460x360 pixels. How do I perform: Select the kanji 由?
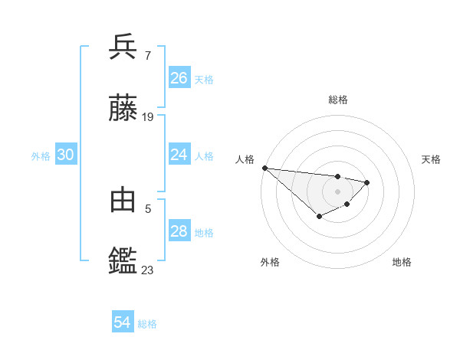[123, 199]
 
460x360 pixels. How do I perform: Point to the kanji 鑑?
[123, 261]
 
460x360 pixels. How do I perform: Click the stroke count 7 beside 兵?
[147, 55]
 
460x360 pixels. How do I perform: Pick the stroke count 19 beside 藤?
[148, 117]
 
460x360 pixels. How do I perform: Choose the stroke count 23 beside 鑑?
[148, 270]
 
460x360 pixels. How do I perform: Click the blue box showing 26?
[179, 78]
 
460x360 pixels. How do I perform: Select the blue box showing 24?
[179, 155]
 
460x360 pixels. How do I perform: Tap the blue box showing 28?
[179, 231]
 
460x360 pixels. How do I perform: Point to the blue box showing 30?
[66, 155]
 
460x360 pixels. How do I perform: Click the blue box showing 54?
[123, 322]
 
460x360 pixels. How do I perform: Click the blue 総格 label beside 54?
[147, 324]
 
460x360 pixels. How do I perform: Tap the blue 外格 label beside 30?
[41, 156]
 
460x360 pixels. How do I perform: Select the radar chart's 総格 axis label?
[337, 100]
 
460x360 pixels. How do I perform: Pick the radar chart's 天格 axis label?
[432, 159]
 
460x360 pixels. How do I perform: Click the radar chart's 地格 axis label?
[402, 262]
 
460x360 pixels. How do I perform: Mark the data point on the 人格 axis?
[264, 168]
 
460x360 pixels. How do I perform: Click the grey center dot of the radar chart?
[337, 191]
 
